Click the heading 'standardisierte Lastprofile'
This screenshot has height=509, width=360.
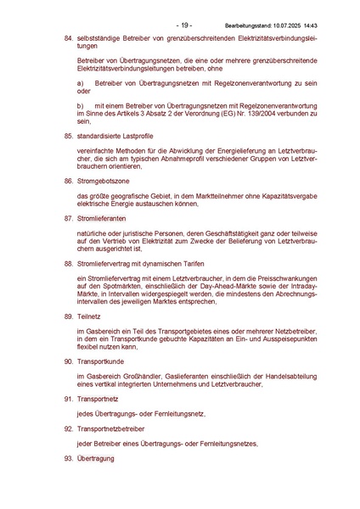115,136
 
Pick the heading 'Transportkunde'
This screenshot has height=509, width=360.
101,361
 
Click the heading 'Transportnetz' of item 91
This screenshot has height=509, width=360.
98,398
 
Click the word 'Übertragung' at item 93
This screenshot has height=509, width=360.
97,461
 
